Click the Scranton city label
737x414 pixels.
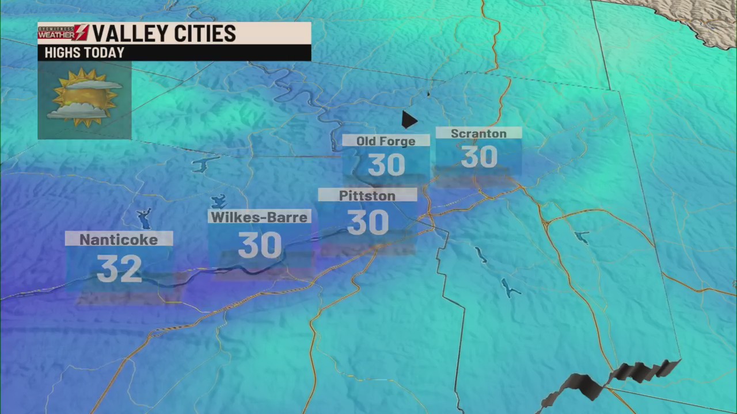pyautogui.click(x=478, y=133)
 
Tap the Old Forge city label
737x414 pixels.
pyautogui.click(x=385, y=141)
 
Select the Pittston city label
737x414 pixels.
pyautogui.click(x=367, y=195)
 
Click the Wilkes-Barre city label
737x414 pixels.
pyautogui.click(x=260, y=217)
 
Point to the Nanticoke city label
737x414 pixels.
pyautogui.click(x=119, y=239)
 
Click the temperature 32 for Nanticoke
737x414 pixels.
pyautogui.click(x=119, y=269)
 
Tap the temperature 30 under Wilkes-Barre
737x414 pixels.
pyautogui.click(x=260, y=246)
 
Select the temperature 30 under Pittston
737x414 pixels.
pyautogui.click(x=368, y=223)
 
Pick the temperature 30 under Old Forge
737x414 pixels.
pyautogui.click(x=386, y=166)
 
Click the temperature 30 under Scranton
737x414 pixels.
pyautogui.click(x=479, y=157)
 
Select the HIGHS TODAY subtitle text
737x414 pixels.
pyautogui.click(x=84, y=53)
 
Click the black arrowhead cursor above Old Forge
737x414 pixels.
pyautogui.click(x=408, y=120)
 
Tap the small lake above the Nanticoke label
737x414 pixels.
pyautogui.click(x=143, y=218)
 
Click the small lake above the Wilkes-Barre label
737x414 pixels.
pyautogui.click(x=219, y=202)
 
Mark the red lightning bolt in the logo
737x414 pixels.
pyautogui.click(x=81, y=33)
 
